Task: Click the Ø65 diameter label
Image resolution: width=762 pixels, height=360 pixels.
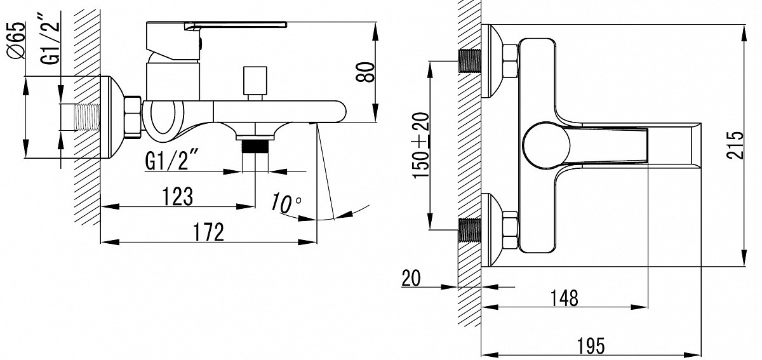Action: click(x=17, y=41)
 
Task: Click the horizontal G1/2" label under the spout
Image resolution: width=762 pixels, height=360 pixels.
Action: click(x=168, y=161)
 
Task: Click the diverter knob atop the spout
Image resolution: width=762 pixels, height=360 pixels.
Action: click(x=255, y=79)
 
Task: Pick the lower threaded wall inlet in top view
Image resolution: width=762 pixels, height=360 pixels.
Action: click(x=469, y=230)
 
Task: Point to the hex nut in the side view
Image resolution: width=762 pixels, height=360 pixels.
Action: click(x=133, y=117)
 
